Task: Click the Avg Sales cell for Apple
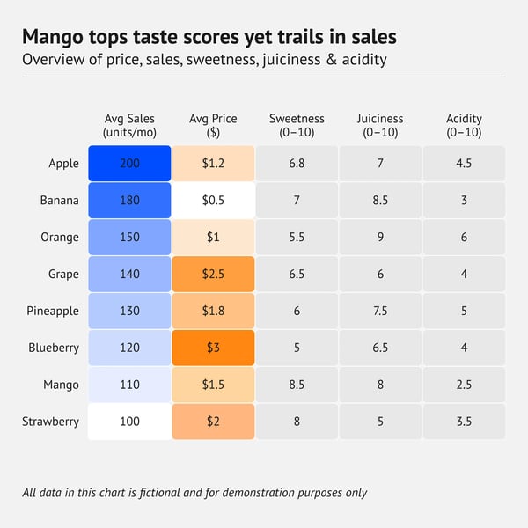coord(129,164)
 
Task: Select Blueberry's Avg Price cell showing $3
coord(213,348)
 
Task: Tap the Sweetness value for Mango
coord(297,385)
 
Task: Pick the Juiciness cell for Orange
coord(380,238)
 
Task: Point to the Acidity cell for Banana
coord(464,201)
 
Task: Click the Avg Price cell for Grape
coord(213,275)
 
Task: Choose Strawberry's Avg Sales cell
coord(129,422)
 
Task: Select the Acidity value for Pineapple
coord(464,311)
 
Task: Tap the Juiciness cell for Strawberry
coord(380,422)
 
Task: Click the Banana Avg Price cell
coord(213,201)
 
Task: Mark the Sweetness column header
coord(297,125)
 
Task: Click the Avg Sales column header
coord(129,125)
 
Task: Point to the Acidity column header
coord(464,125)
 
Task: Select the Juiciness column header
coord(380,125)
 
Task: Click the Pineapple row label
coord(53,312)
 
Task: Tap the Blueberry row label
coord(54,348)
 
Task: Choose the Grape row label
coord(63,275)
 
